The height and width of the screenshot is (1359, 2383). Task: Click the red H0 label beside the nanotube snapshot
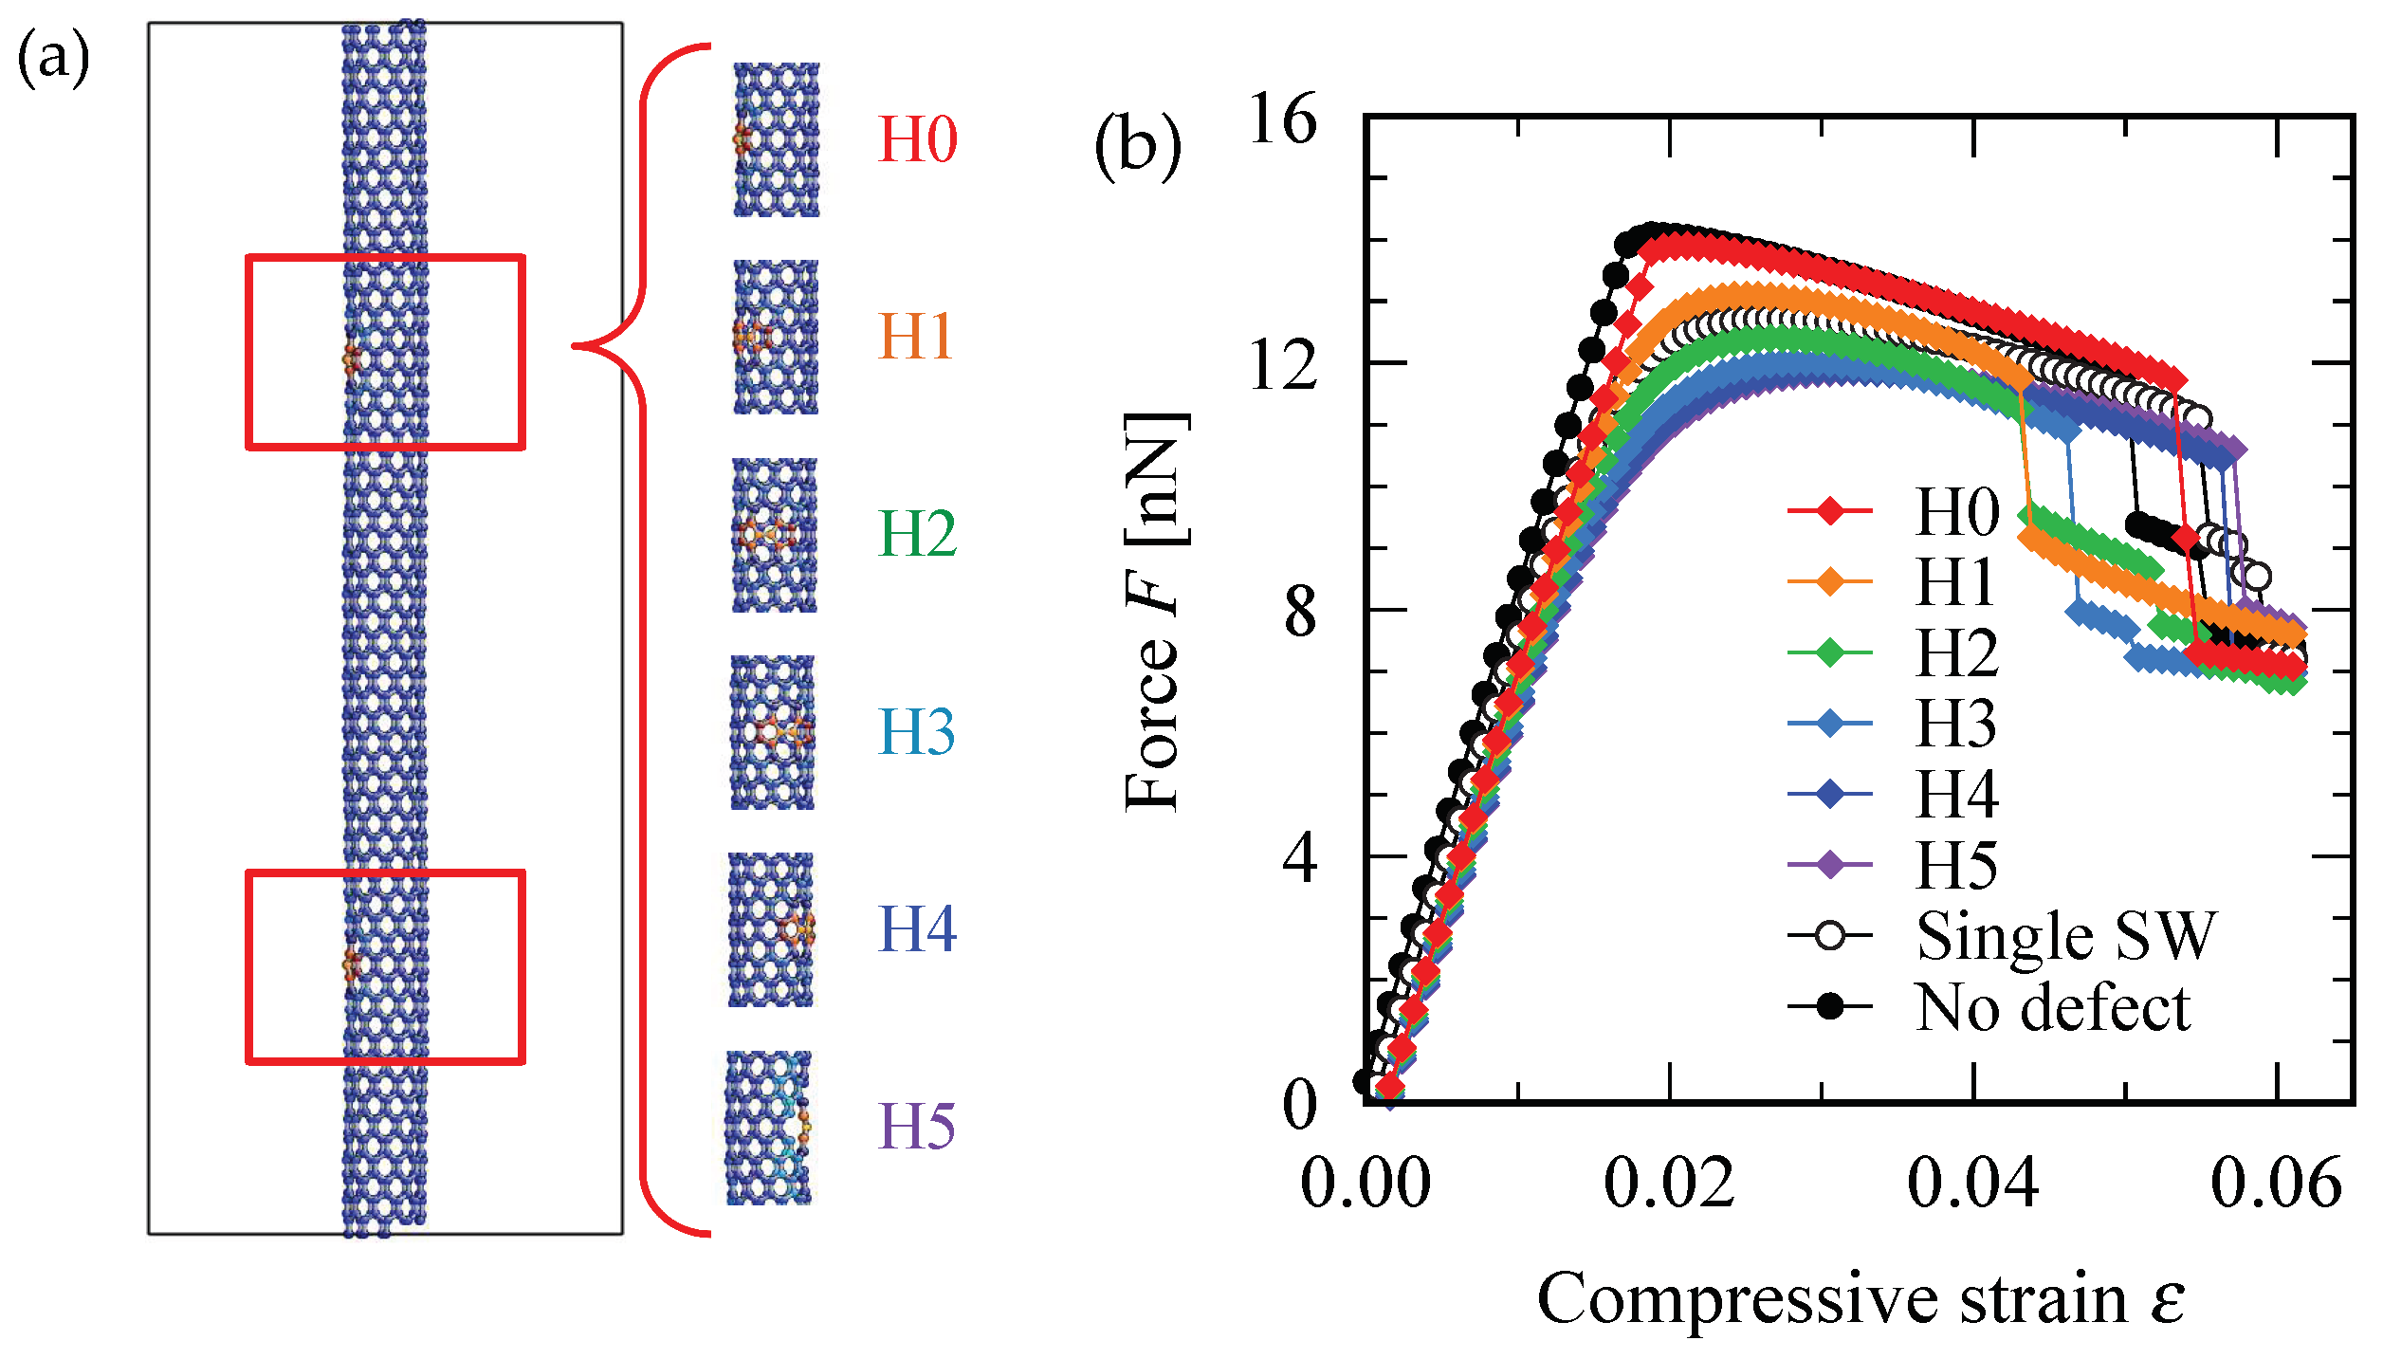(x=917, y=139)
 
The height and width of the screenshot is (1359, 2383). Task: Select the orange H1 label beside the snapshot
(x=916, y=336)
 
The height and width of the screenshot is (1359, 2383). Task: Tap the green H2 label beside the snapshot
(x=917, y=533)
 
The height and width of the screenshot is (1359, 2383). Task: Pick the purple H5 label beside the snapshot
(x=916, y=1126)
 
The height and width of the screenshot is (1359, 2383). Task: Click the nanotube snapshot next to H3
(x=772, y=731)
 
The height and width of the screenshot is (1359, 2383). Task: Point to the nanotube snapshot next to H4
(x=771, y=928)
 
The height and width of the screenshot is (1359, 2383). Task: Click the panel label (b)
(x=1137, y=147)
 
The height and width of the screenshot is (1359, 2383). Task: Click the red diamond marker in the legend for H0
(x=1831, y=511)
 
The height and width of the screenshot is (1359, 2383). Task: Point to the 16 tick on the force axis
(x=1283, y=120)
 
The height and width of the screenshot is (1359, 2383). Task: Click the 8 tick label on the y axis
(x=1300, y=612)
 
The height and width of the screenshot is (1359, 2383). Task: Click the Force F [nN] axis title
(x=1154, y=612)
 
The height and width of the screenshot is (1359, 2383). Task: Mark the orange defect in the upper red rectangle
(x=352, y=358)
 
